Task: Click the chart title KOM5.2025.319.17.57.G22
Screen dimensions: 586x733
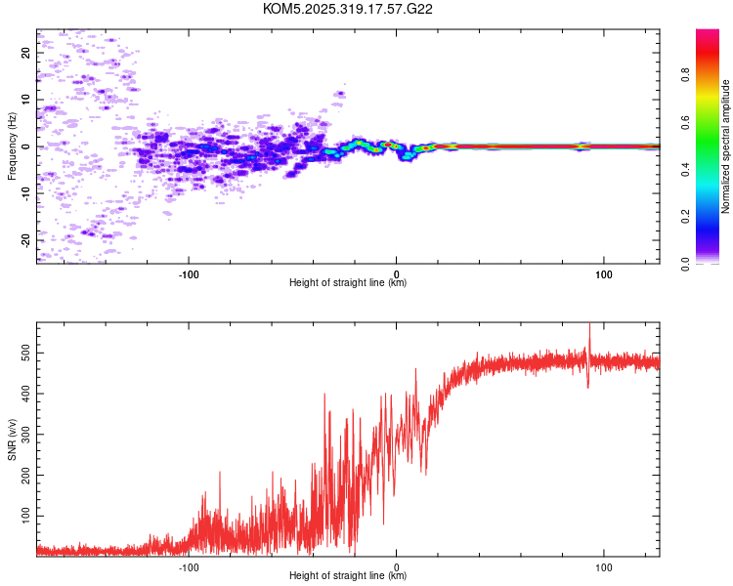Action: pyautogui.click(x=348, y=9)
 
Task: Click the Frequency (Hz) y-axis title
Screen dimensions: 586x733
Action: pyautogui.click(x=12, y=146)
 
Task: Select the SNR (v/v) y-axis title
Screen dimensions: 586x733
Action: pyautogui.click(x=12, y=443)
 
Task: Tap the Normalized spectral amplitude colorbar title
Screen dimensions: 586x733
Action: pyautogui.click(x=726, y=146)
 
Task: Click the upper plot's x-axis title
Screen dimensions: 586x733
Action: pyautogui.click(x=348, y=283)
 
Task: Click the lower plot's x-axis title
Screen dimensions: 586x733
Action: pyautogui.click(x=348, y=575)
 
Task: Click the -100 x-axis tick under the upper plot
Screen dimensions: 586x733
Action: pyautogui.click(x=189, y=272)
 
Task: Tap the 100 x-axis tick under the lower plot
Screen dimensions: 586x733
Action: pyautogui.click(x=604, y=565)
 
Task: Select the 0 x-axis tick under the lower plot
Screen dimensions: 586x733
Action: pyautogui.click(x=397, y=565)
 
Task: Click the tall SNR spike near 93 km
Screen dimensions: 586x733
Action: pyautogui.click(x=589, y=337)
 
